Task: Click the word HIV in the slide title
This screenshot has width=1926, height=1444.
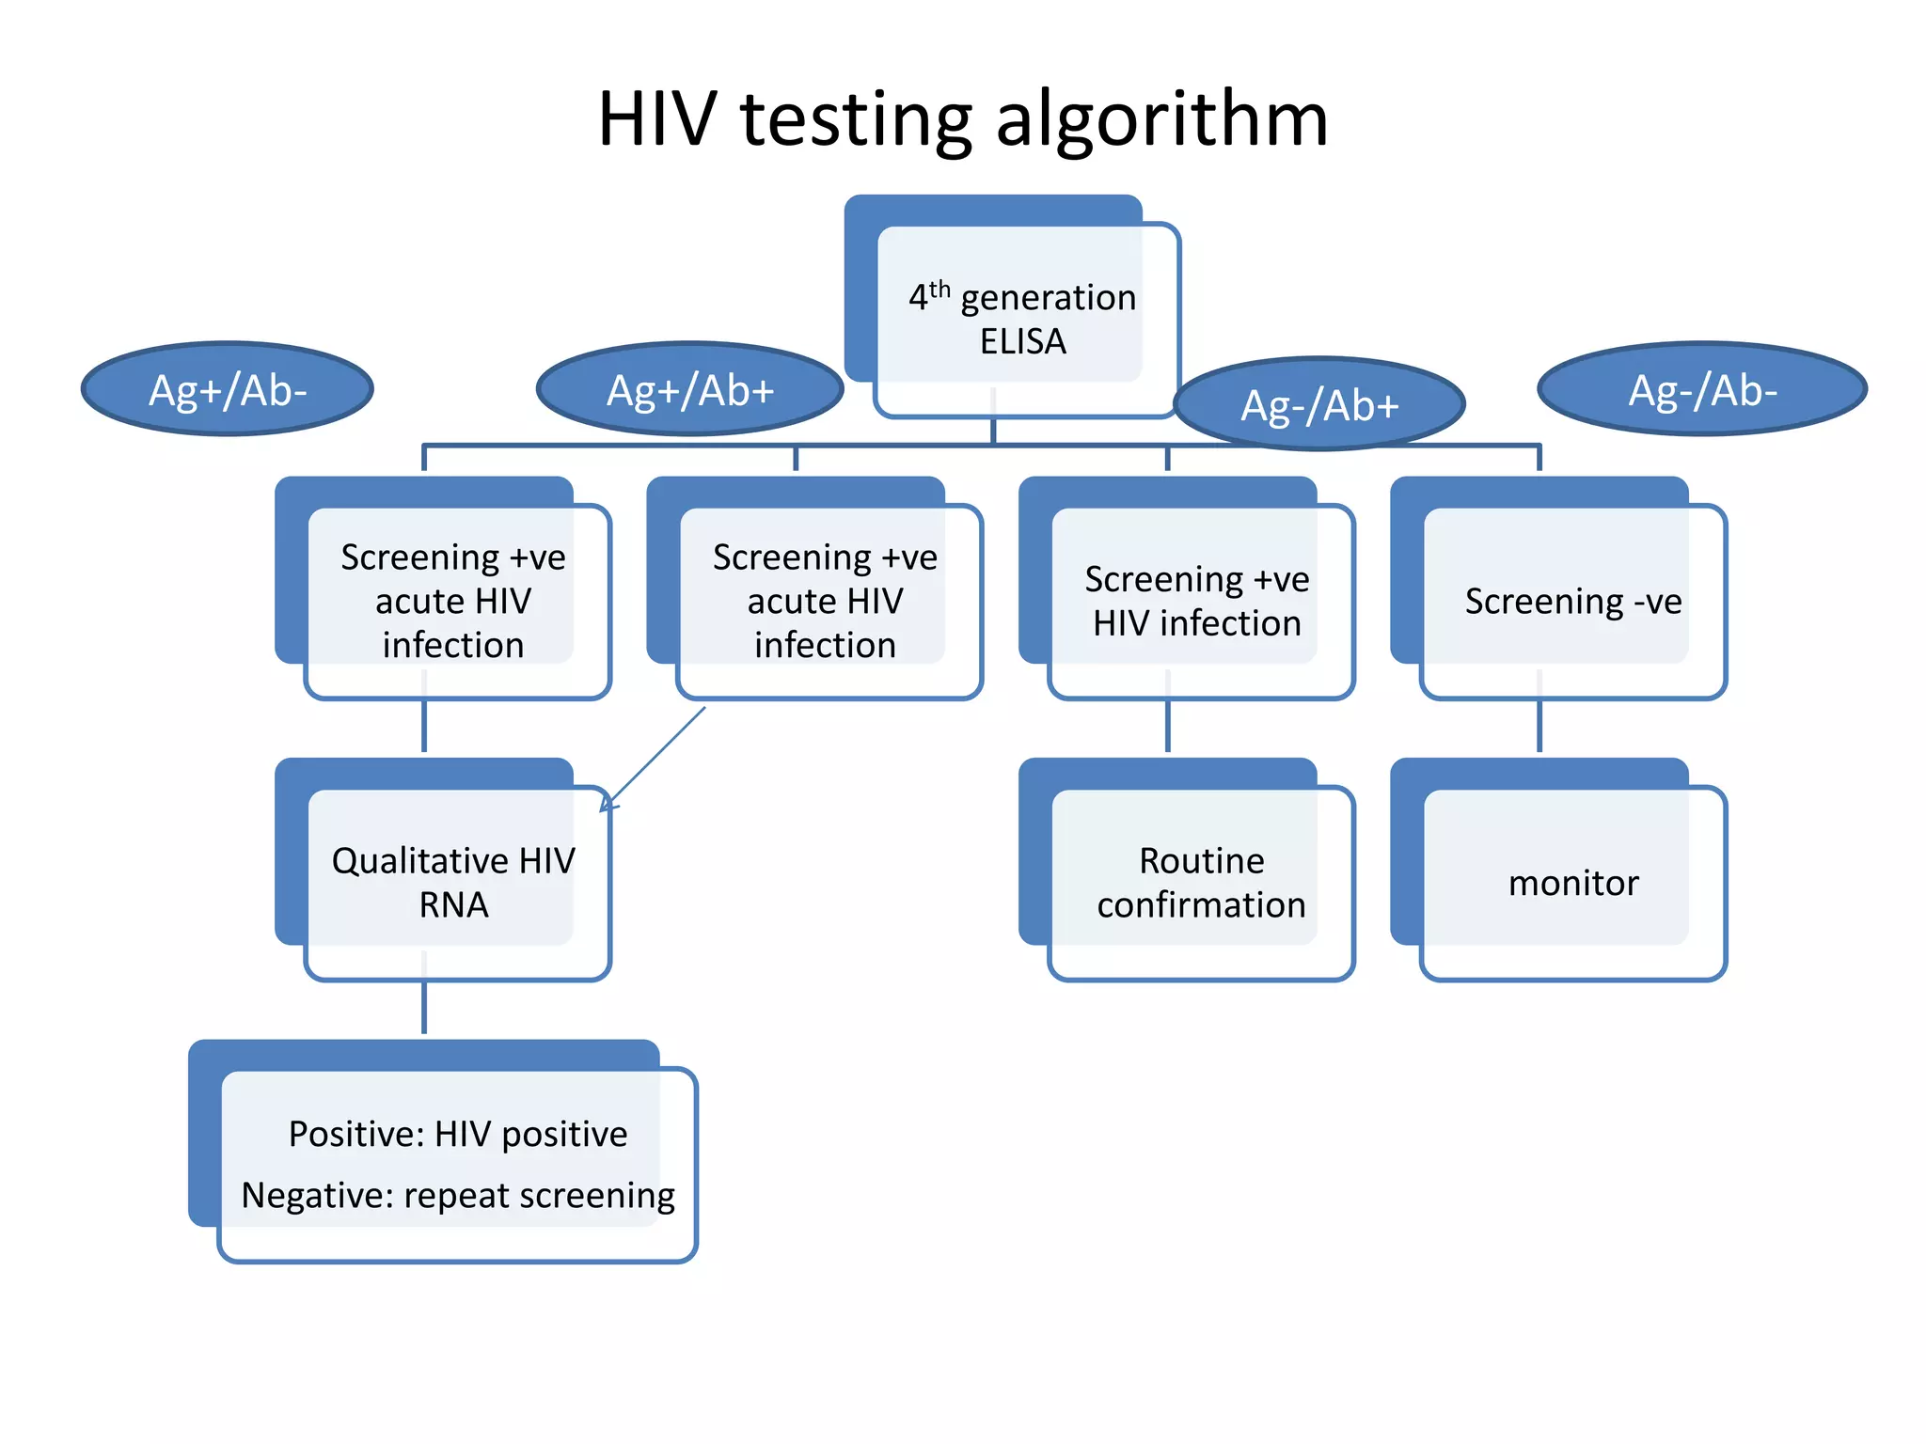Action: (x=656, y=120)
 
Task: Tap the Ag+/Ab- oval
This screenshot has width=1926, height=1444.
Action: (x=228, y=389)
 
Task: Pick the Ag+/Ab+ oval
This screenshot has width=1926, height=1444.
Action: (x=689, y=389)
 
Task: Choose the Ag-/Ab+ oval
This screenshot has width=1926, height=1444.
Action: (x=1319, y=404)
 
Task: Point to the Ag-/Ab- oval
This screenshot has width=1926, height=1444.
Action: (x=1702, y=389)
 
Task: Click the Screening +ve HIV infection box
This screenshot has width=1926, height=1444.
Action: (x=1196, y=601)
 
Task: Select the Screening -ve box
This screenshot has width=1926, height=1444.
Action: (x=1572, y=601)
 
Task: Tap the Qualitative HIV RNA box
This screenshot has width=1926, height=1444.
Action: (x=453, y=882)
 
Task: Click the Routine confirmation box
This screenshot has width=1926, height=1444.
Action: (x=1201, y=882)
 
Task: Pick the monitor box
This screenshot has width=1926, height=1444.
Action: (x=1572, y=882)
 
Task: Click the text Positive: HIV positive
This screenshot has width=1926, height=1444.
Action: (x=458, y=1134)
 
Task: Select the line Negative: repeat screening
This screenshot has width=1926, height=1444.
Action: (x=458, y=1195)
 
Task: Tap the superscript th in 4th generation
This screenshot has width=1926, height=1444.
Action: (x=939, y=289)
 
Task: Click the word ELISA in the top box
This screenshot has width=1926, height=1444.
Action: (x=1022, y=341)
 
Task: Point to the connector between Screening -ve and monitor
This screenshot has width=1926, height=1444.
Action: (x=1539, y=727)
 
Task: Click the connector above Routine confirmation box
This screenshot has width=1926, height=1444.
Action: (x=1168, y=727)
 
